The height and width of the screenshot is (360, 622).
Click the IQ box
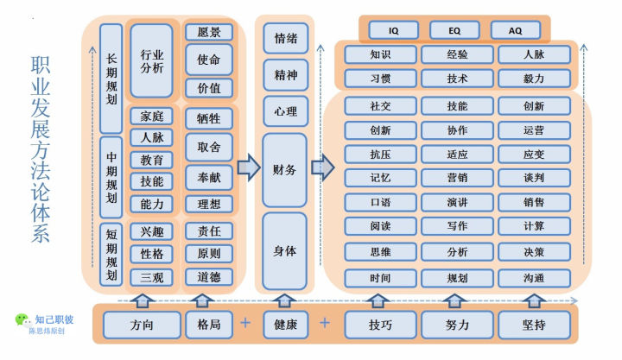394,30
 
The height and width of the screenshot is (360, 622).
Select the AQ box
515,30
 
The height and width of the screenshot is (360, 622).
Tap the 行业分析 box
152,60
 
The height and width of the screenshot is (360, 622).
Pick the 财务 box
285,169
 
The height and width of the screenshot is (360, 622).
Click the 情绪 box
285,38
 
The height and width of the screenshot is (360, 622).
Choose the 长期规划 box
111,77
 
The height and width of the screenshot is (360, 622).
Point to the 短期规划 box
111,255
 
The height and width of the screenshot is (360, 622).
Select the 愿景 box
208,33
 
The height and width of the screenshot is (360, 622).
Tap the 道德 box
208,277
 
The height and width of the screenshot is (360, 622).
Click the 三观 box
152,277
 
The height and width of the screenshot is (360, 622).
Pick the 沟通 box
533,278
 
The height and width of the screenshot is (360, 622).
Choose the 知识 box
380,54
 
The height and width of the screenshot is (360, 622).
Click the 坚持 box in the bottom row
533,325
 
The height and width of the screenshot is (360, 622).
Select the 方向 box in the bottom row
142,325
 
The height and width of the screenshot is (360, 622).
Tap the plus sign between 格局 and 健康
245,324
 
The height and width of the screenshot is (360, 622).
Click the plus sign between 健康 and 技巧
325,324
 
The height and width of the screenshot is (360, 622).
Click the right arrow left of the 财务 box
248,167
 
